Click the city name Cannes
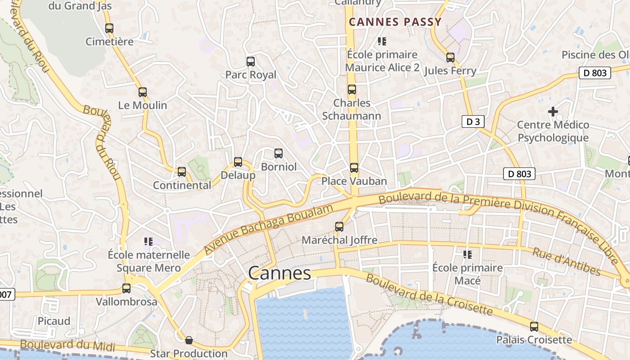279,273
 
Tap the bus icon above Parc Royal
251,62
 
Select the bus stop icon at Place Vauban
354,168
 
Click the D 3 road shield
473,121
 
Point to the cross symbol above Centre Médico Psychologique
553,111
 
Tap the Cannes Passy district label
396,22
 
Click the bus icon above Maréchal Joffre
339,227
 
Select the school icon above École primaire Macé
468,255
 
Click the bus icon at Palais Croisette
534,327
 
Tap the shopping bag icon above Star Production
189,340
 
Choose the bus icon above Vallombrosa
126,288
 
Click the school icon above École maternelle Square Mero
148,242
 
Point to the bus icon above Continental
182,172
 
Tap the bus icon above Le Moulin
143,92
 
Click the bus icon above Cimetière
109,28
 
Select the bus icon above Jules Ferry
450,58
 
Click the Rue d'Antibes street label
567,261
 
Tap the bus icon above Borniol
279,153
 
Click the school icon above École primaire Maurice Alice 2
382,41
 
